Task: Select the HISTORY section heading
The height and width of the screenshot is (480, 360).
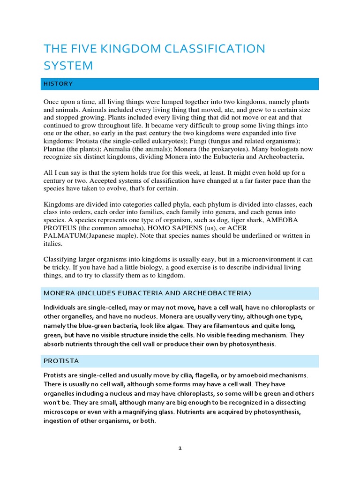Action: click(58, 84)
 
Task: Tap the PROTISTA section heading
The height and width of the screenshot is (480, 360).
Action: click(61, 361)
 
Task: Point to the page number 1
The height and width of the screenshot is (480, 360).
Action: click(180, 448)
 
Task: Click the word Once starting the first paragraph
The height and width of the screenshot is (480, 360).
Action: click(52, 102)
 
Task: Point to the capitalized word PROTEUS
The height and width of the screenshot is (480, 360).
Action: click(59, 228)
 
